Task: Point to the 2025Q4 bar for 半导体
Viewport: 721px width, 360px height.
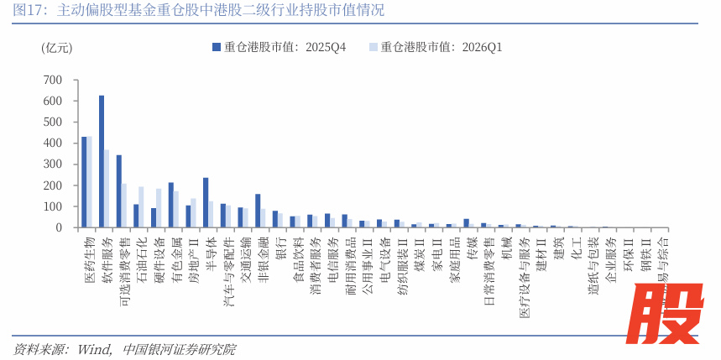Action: point(206,202)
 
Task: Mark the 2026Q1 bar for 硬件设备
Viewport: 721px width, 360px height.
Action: point(159,208)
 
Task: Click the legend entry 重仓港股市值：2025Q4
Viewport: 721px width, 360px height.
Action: point(278,47)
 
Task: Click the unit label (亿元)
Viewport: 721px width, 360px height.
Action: point(57,48)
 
